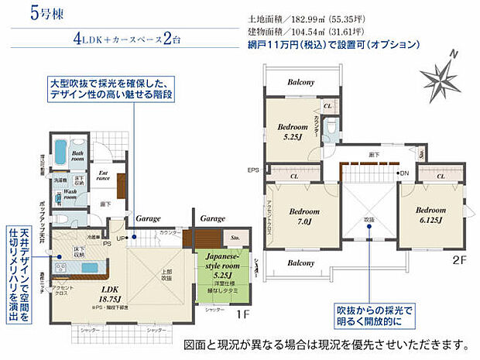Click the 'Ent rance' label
pyautogui.click(x=103, y=177)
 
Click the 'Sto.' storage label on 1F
pyautogui.click(x=234, y=239)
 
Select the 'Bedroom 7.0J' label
pyautogui.click(x=300, y=215)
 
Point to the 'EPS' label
pyautogui.click(x=252, y=170)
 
